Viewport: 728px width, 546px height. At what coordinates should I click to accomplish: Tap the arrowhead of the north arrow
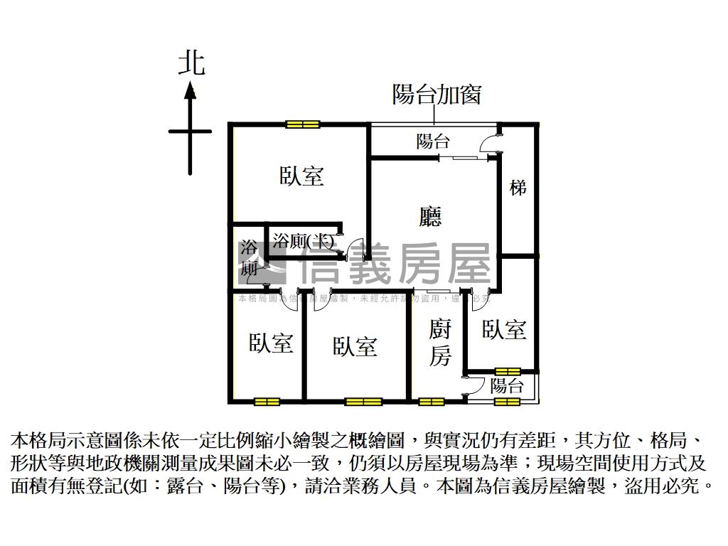pyautogui.click(x=190, y=90)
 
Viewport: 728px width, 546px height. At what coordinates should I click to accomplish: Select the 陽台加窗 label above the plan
pyautogui.click(x=437, y=94)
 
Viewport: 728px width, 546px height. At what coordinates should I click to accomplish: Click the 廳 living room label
pyautogui.click(x=430, y=216)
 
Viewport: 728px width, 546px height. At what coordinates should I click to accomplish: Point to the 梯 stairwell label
pyautogui.click(x=518, y=188)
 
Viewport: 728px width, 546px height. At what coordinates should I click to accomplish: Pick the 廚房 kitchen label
pyautogui.click(x=440, y=343)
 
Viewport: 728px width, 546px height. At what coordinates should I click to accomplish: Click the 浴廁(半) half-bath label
pyautogui.click(x=303, y=240)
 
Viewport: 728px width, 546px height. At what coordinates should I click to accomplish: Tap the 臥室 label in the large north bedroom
pyautogui.click(x=301, y=176)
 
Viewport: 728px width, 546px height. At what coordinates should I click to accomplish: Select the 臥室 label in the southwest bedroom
pyautogui.click(x=271, y=343)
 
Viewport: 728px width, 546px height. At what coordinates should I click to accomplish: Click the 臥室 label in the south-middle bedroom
pyautogui.click(x=355, y=347)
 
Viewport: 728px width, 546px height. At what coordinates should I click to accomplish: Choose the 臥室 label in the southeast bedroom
pyautogui.click(x=504, y=329)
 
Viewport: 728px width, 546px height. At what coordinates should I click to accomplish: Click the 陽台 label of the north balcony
pyautogui.click(x=433, y=141)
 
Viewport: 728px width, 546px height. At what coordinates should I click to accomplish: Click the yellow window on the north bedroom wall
pyautogui.click(x=303, y=125)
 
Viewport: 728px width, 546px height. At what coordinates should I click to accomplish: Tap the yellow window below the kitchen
pyautogui.click(x=430, y=402)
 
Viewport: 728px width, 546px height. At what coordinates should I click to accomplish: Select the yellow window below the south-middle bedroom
pyautogui.click(x=363, y=402)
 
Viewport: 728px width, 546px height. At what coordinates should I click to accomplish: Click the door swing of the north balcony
pyautogui.click(x=490, y=144)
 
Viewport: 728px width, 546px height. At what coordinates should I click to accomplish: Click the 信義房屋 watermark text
pyautogui.click(x=395, y=264)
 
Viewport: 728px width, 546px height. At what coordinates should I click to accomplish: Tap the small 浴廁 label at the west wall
pyautogui.click(x=248, y=258)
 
